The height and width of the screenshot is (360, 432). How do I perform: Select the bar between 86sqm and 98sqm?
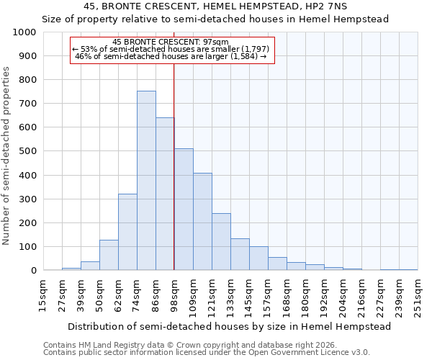coord(165,194)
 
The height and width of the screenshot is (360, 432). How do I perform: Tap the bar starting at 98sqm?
coord(184,209)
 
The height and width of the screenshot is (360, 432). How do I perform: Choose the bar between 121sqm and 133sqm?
coord(221,241)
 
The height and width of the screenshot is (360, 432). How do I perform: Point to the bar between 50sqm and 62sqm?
coord(109,255)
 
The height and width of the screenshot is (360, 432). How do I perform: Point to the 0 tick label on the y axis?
coord(33,271)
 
